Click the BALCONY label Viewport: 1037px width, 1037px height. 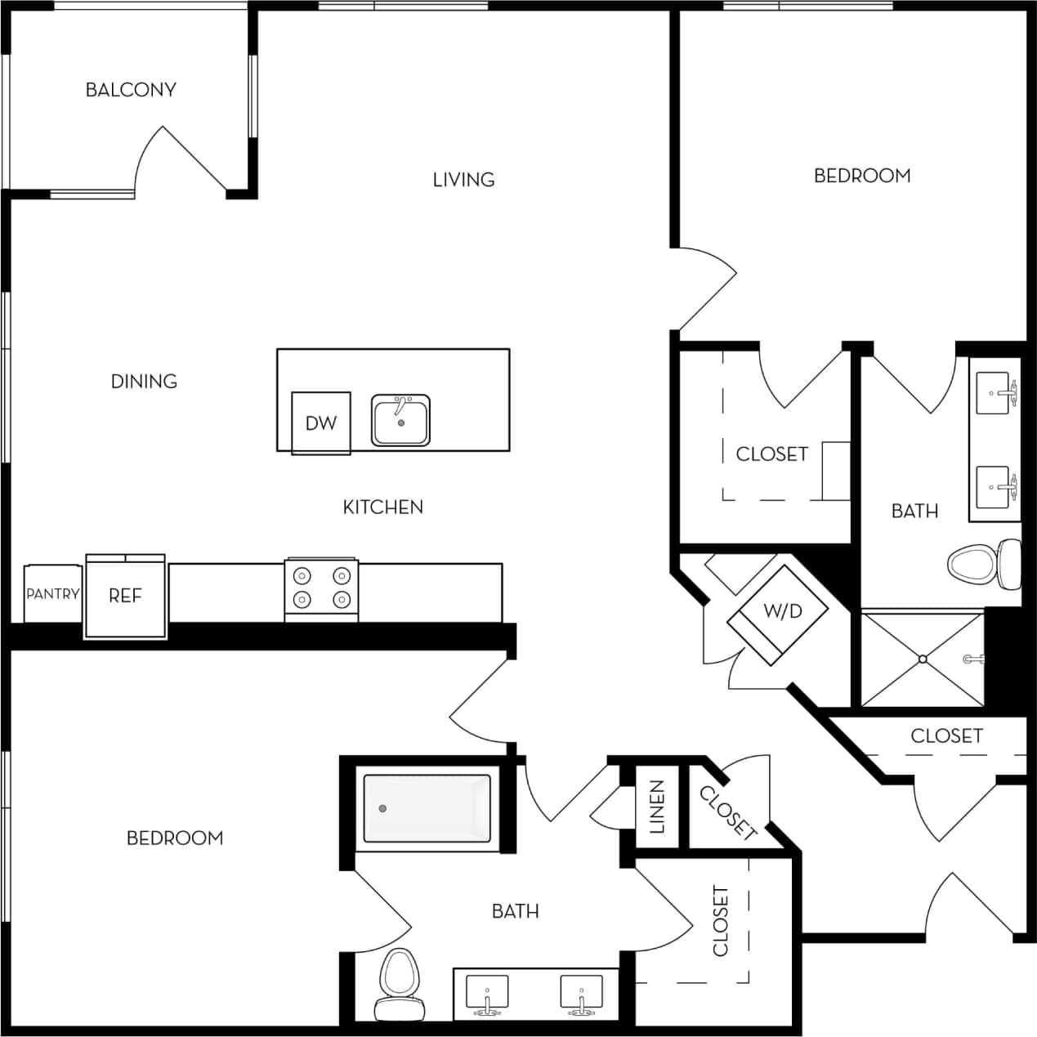131,90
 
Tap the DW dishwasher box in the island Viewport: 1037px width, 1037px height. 321,422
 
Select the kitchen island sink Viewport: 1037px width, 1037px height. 400,421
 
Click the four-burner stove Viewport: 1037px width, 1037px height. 321,588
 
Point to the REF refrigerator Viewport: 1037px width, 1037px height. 126,596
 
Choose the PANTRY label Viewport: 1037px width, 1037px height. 53,594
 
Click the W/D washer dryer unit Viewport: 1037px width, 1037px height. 782,611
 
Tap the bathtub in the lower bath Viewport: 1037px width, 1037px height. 427,808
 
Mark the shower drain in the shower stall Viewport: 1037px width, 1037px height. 923,659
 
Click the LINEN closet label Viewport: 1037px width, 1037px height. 658,807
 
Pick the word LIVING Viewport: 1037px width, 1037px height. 463,180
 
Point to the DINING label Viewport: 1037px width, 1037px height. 144,381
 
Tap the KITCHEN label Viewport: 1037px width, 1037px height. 382,507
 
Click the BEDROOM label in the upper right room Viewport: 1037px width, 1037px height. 862,176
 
